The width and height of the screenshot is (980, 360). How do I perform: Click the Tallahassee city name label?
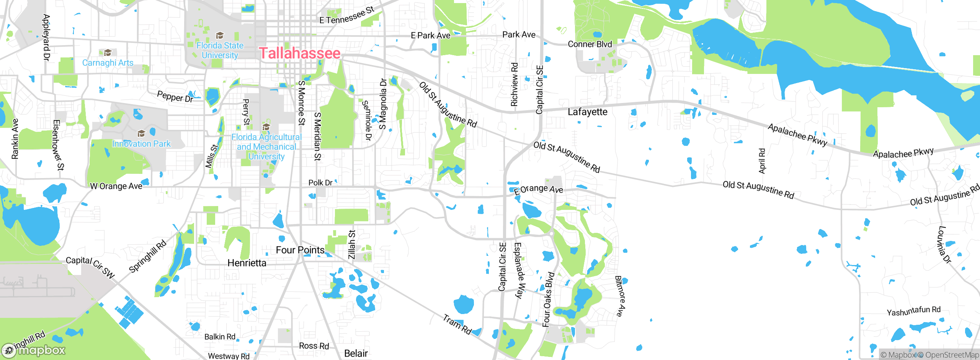(x=300, y=53)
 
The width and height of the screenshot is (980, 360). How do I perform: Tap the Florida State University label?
(x=220, y=50)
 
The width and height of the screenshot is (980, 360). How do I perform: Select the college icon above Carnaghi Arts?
(x=108, y=52)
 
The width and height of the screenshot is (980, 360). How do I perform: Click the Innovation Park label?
(x=141, y=144)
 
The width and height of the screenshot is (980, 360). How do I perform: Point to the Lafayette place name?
(x=587, y=112)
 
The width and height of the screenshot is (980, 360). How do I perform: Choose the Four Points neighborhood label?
(x=300, y=250)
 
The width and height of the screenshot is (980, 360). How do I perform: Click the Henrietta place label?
(x=247, y=263)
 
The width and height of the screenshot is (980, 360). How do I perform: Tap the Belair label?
(x=356, y=353)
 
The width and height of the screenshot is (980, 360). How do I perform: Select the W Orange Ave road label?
(x=116, y=186)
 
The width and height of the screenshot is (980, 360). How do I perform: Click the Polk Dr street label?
(x=320, y=183)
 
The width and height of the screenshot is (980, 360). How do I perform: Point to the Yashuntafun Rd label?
(x=913, y=311)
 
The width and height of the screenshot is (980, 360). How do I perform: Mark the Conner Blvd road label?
(x=590, y=44)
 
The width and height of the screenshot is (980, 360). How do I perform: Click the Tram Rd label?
(x=457, y=324)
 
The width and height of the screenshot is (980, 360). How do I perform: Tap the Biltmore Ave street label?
(x=620, y=296)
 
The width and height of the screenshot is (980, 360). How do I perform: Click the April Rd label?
(x=762, y=161)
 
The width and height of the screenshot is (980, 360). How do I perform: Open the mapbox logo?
(x=34, y=350)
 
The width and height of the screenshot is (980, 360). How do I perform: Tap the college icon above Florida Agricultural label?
(x=266, y=127)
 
